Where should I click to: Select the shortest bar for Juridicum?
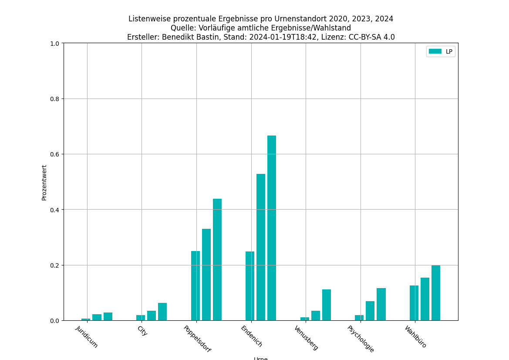(x=86, y=319)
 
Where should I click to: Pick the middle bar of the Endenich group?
(x=261, y=247)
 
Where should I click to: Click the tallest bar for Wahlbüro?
(x=436, y=293)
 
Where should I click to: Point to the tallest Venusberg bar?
(x=327, y=305)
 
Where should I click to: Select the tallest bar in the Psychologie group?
(x=381, y=304)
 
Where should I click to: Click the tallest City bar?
(x=162, y=312)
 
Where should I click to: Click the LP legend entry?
(x=441, y=51)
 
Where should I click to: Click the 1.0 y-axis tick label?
(x=55, y=43)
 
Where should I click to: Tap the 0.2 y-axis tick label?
(x=55, y=265)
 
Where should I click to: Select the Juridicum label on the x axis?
(x=87, y=336)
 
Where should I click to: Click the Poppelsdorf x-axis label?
(x=197, y=339)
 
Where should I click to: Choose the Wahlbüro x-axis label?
(x=415, y=336)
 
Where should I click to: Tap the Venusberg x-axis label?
(x=306, y=337)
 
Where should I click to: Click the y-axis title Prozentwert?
(x=44, y=182)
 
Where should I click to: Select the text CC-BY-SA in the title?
(x=364, y=37)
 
